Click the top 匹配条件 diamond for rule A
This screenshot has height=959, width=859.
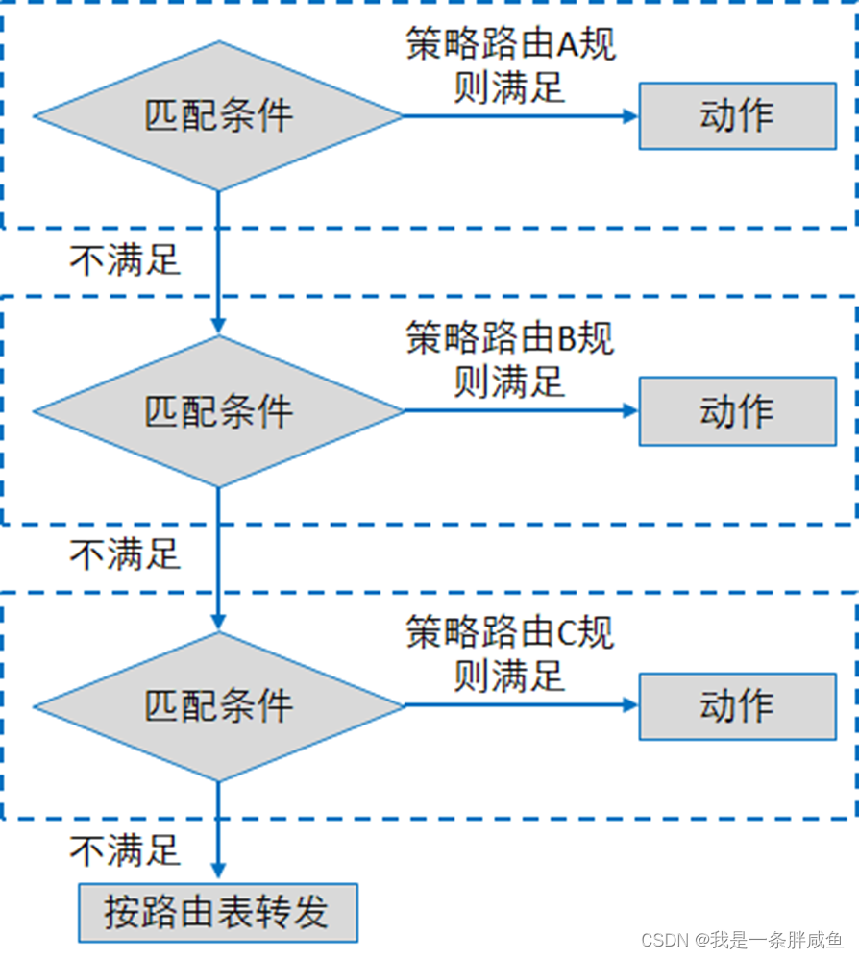click(218, 116)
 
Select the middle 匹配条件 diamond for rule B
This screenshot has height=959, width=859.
click(218, 411)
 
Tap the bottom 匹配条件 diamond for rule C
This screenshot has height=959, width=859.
click(218, 706)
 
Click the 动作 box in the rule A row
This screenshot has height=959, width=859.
click(737, 116)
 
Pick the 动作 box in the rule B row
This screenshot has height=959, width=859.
click(737, 411)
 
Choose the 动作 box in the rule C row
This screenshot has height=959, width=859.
click(737, 706)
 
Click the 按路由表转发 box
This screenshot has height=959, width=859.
click(217, 912)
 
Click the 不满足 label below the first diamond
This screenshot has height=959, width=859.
click(125, 259)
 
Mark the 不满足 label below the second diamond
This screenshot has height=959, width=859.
click(125, 554)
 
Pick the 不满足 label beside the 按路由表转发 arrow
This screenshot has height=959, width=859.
click(125, 849)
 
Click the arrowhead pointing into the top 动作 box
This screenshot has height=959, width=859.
click(630, 116)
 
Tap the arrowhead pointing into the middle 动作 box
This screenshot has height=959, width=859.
click(630, 411)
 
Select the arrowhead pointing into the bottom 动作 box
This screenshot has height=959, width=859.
click(630, 706)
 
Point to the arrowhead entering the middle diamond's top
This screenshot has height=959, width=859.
click(218, 327)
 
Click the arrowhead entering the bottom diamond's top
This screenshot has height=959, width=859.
click(218, 622)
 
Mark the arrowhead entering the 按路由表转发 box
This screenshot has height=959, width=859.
click(218, 874)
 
